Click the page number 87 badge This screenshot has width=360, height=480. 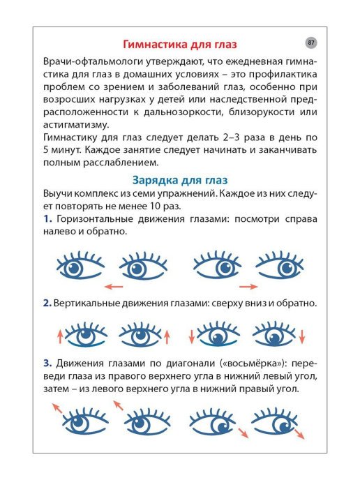click(x=310, y=43)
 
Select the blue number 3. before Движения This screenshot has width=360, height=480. click(x=47, y=363)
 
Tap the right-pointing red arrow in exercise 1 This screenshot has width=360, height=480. click(x=248, y=287)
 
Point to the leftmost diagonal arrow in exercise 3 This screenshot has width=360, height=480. click(x=55, y=408)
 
